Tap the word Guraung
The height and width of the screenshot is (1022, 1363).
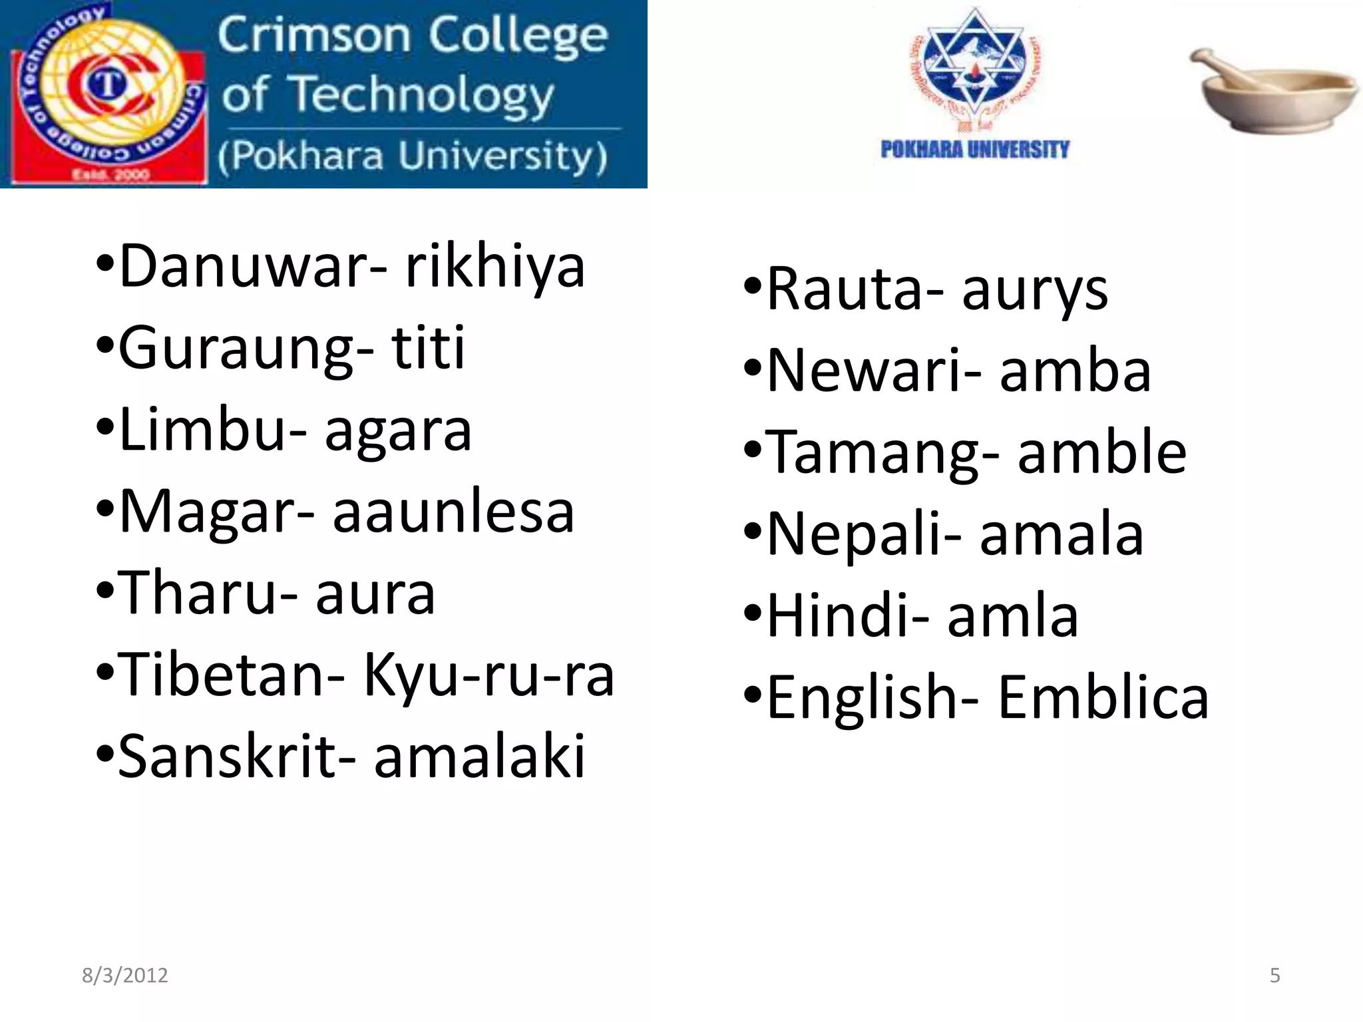pos(236,349)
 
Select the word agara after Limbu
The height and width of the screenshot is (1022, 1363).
pos(398,431)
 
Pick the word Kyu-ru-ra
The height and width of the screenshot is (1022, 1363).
pos(488,675)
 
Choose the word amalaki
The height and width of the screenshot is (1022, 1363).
pos(479,757)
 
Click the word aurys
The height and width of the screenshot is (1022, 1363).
pos(1034,291)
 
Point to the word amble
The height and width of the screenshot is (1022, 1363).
pos(1101,453)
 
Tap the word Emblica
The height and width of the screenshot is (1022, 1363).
pos(1103,698)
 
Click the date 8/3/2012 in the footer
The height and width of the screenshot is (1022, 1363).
pos(125,975)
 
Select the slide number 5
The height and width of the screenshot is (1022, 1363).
pos(1274,975)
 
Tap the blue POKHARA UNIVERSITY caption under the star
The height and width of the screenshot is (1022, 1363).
pos(974,150)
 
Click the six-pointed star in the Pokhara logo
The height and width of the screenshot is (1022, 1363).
pos(975,63)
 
